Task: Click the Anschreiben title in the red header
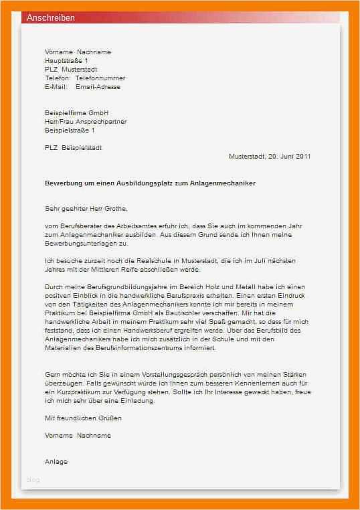[51, 18]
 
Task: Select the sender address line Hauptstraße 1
[66, 61]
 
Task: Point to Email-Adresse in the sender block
[98, 87]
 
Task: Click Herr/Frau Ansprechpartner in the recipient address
[86, 122]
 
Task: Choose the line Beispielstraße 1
[74, 131]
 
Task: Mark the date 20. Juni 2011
[289, 157]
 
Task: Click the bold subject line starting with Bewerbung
[150, 183]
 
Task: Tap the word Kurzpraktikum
[77, 392]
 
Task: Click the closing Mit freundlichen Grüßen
[83, 418]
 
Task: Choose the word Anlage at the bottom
[56, 462]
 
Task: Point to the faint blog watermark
[33, 480]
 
